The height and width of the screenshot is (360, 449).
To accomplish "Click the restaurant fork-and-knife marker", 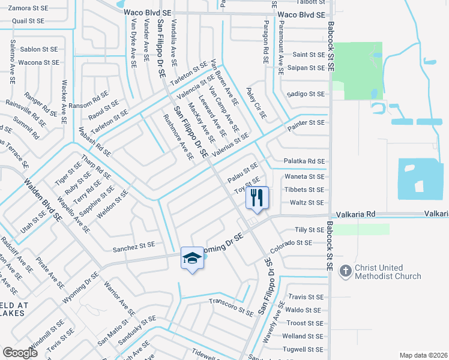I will coord(258,197).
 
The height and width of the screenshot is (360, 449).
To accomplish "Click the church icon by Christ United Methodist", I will coord(345,271).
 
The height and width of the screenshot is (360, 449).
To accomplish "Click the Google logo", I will coord(20,352).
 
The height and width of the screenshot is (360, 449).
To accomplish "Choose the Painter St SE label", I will coord(306,122).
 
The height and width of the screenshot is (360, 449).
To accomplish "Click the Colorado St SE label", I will coord(291,243).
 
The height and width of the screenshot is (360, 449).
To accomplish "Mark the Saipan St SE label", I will coord(308,68).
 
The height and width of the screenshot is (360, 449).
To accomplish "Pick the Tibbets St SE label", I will coord(306,190).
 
